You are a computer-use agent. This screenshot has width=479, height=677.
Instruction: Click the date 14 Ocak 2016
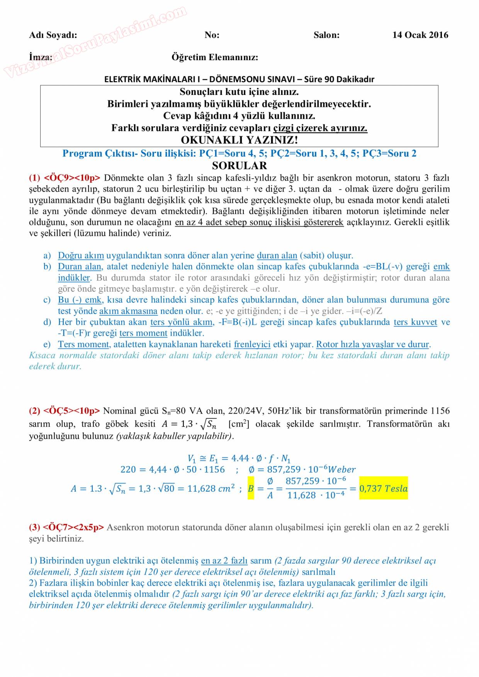(420, 35)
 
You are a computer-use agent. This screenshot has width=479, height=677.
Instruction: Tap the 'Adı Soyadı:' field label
(53, 35)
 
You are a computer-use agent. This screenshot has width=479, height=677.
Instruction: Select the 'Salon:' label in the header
(326, 35)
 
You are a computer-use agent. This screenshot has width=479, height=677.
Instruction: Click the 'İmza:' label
(41, 57)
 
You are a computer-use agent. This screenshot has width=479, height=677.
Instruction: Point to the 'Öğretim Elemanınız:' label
(215, 58)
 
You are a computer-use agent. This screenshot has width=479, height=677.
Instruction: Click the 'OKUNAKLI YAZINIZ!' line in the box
(239, 140)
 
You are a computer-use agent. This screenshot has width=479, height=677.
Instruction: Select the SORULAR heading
(239, 166)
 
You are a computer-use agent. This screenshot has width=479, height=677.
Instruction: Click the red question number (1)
(34, 178)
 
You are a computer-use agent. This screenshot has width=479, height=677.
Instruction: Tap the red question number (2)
(34, 411)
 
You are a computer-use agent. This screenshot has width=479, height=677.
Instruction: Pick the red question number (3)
(34, 527)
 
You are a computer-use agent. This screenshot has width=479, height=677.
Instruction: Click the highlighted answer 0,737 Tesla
(383, 489)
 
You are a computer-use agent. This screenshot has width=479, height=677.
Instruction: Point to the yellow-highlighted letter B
(251, 489)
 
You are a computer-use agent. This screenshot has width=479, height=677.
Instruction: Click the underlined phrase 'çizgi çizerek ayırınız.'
(320, 128)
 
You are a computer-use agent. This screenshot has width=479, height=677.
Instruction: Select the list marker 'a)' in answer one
(47, 256)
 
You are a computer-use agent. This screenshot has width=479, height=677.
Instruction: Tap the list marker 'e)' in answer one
(47, 344)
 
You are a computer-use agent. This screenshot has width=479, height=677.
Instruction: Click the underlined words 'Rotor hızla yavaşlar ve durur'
(372, 344)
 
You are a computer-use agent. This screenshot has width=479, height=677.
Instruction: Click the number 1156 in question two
(440, 411)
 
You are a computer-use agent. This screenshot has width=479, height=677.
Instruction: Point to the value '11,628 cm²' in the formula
(211, 489)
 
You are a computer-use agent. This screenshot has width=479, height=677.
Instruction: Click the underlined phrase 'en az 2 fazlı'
(224, 560)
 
